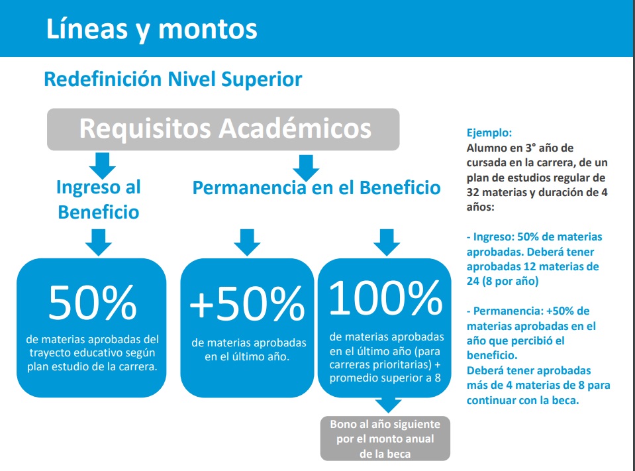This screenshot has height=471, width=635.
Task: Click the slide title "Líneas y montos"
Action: click(x=152, y=30)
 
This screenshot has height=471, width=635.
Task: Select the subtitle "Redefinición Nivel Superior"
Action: click(x=173, y=79)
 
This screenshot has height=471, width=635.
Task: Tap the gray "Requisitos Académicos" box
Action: click(x=223, y=129)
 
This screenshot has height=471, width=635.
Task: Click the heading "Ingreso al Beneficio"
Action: click(x=99, y=199)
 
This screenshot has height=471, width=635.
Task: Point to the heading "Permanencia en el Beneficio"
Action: click(x=317, y=187)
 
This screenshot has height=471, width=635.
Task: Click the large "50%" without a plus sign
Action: click(x=93, y=303)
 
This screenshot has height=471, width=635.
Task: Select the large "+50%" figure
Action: click(x=247, y=303)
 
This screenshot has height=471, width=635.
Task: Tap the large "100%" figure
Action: click(x=385, y=298)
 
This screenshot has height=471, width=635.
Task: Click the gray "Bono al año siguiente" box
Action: click(x=385, y=439)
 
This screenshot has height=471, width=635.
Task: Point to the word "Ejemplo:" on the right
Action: click(x=489, y=132)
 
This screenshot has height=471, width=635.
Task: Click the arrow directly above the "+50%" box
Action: click(x=247, y=242)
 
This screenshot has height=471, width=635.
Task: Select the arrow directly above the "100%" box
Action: click(x=387, y=242)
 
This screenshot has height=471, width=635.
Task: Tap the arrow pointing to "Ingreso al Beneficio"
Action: click(x=103, y=166)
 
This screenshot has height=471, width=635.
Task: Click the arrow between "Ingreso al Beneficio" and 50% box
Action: click(x=99, y=242)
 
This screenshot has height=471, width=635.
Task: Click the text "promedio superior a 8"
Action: click(x=385, y=378)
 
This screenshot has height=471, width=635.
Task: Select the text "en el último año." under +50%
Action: click(x=247, y=357)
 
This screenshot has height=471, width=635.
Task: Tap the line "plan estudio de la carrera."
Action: click(x=92, y=366)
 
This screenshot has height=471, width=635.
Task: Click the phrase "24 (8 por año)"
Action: click(x=503, y=281)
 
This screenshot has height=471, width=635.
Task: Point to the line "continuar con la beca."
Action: click(x=523, y=400)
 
